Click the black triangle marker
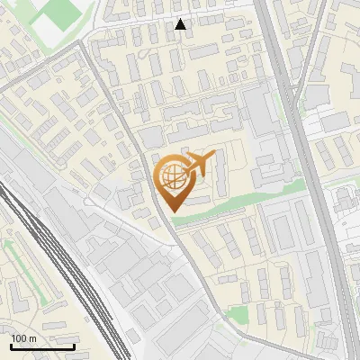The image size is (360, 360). click(181, 24)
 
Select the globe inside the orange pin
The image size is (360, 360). click(171, 176)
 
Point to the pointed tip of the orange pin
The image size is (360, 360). click(171, 210)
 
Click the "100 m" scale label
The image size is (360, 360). click(22, 338)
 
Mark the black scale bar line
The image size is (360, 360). click(42, 346)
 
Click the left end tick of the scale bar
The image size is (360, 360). click(11, 345)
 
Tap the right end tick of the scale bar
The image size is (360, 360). click(75, 345)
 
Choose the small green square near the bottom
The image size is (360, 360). click(236, 314)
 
